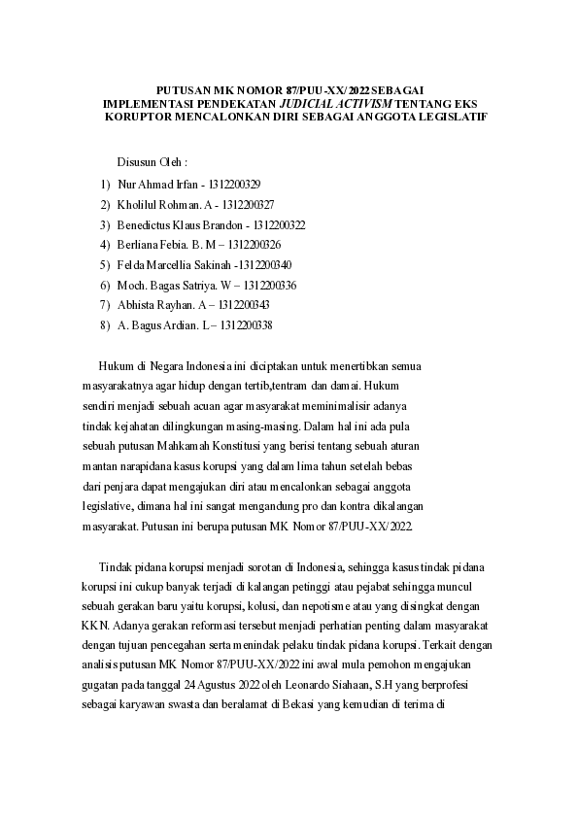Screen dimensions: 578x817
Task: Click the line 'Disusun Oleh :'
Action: tap(152, 161)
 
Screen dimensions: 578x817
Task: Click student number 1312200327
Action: tap(248, 205)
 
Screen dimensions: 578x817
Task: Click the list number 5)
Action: tap(106, 264)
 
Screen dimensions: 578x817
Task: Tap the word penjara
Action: tap(131, 486)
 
